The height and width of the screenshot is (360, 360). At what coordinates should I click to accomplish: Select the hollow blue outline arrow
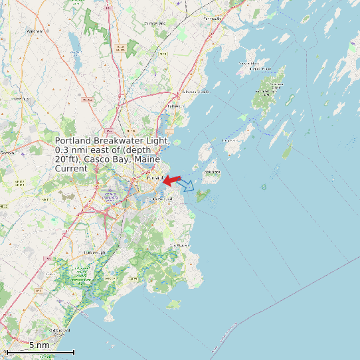pos(187,185)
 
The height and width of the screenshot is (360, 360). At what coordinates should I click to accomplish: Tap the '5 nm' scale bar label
pos(39,345)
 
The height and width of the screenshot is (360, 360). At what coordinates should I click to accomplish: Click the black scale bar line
pos(40,352)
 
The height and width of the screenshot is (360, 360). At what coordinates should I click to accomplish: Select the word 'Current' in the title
pos(71,169)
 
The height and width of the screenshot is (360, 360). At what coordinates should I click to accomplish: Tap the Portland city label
pos(153,179)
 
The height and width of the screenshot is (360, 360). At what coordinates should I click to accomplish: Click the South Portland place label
pos(162,200)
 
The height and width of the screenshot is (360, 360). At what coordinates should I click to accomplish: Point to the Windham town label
pos(35,31)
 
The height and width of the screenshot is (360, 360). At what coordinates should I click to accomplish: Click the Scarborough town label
pos(94,252)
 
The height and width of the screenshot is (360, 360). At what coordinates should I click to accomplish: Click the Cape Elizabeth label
pos(181,246)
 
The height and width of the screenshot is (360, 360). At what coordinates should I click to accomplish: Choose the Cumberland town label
pos(155,23)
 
